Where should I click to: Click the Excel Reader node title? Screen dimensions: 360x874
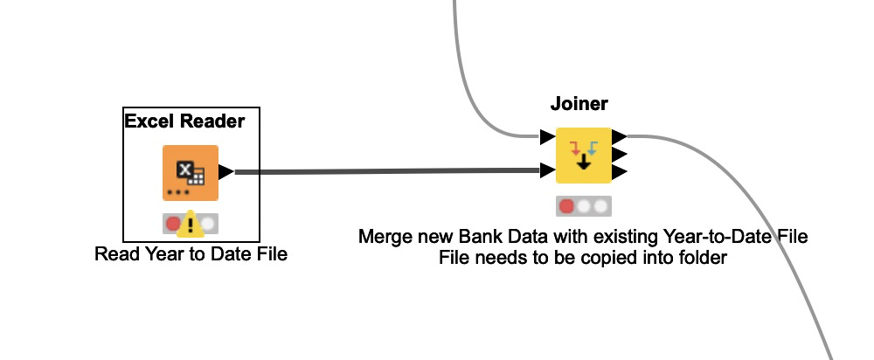[184, 121]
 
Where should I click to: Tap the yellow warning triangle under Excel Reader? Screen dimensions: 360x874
[191, 226]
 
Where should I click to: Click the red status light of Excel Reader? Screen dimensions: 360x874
[173, 224]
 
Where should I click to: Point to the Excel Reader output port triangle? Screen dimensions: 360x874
[225, 172]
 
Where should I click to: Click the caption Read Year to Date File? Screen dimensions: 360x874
[191, 254]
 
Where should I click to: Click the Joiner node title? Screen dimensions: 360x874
[579, 104]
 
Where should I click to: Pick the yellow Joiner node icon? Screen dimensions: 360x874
[583, 155]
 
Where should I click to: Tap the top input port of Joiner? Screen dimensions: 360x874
[547, 137]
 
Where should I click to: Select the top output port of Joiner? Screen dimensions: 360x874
[619, 136]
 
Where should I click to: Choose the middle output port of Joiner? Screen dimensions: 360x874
[619, 154]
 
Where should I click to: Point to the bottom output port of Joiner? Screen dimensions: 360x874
[619, 171]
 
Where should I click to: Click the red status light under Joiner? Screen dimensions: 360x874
[566, 206]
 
